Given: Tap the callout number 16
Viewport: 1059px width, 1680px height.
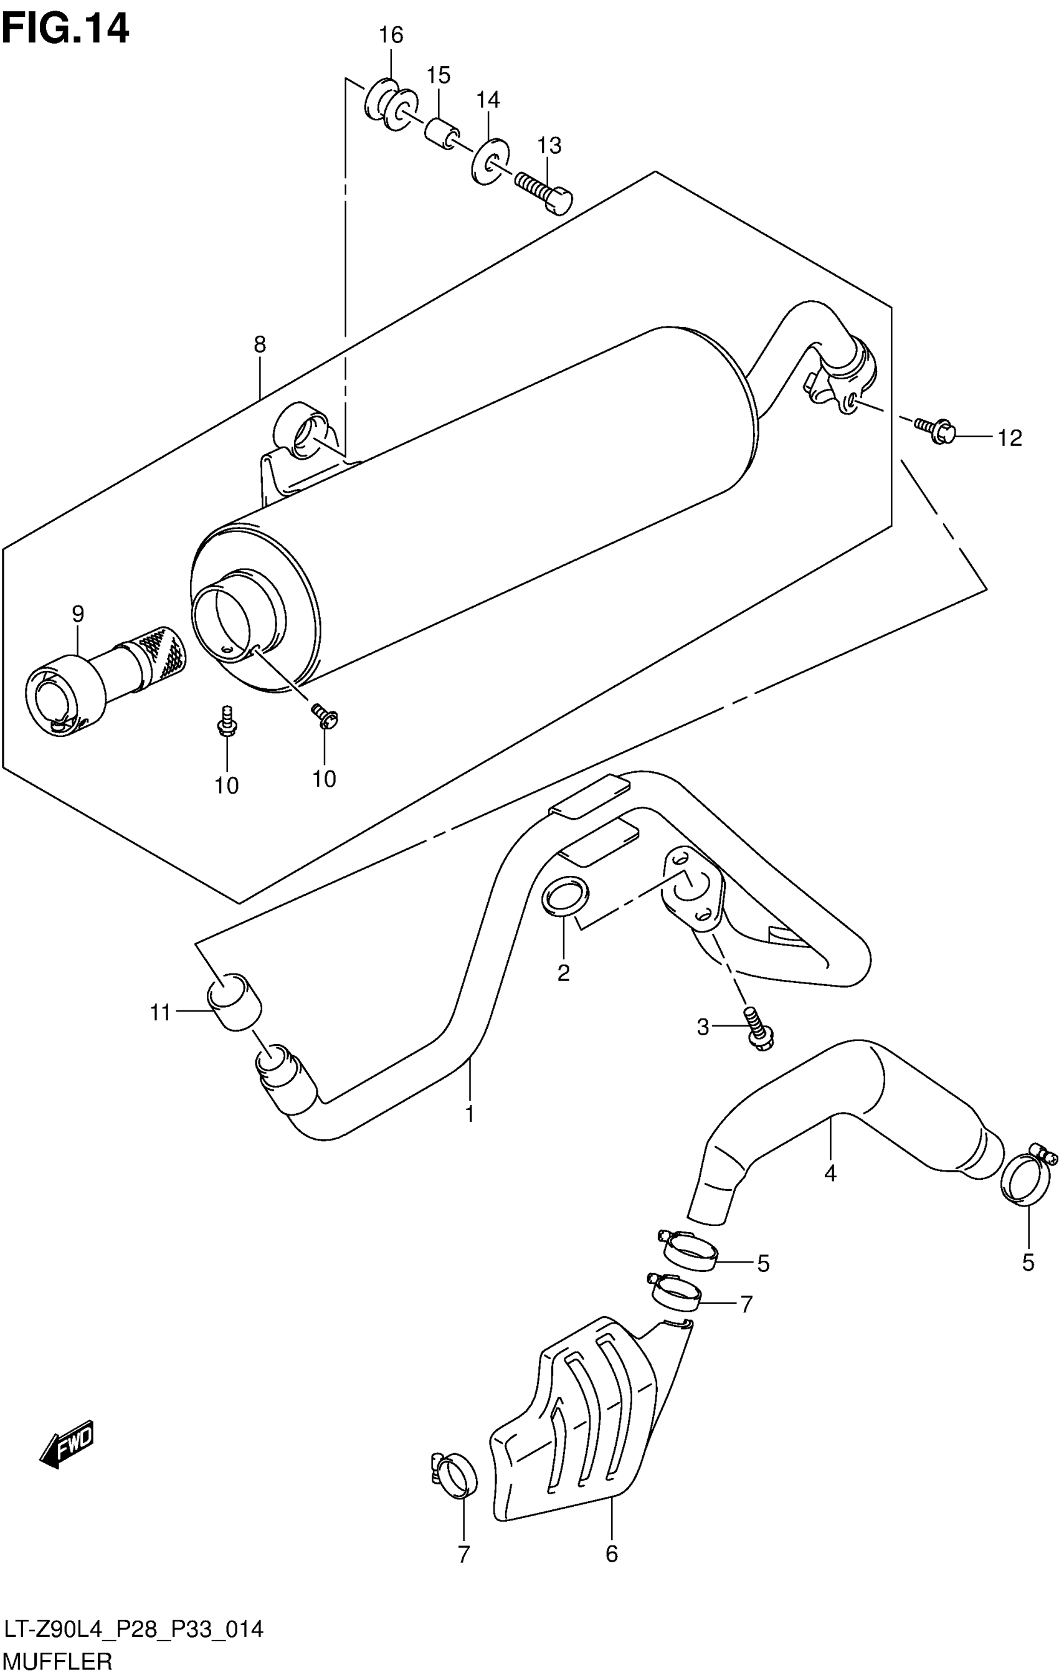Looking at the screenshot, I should pyautogui.click(x=391, y=36).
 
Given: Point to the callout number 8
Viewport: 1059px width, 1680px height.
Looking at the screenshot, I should pyautogui.click(x=260, y=344).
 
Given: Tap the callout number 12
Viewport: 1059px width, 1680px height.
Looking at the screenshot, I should pyautogui.click(x=1009, y=438).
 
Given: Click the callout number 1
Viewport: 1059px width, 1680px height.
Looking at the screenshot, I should pyautogui.click(x=470, y=1114).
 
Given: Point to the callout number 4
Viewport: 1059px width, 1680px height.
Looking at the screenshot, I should pyautogui.click(x=830, y=1174).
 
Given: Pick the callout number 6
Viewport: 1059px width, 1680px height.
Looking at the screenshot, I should pyautogui.click(x=611, y=1554).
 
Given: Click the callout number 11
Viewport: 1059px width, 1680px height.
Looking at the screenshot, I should pyautogui.click(x=161, y=1012).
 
